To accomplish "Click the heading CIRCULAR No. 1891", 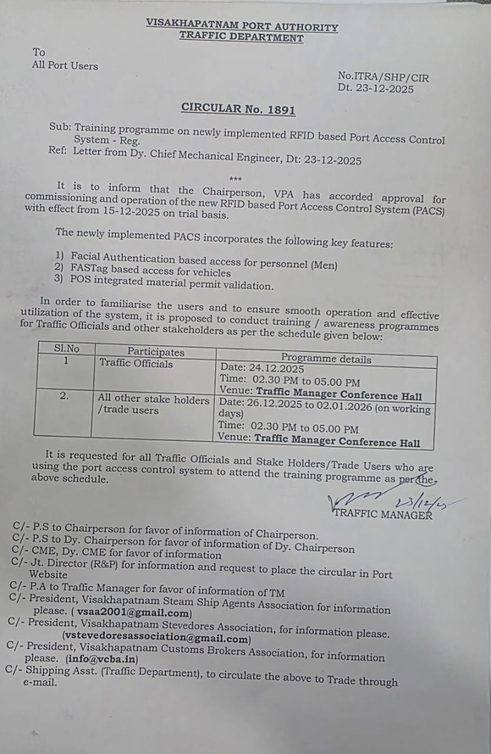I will (x=238, y=108).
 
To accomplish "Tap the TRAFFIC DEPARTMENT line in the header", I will (x=241, y=37).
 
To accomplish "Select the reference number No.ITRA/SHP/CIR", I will (x=383, y=77).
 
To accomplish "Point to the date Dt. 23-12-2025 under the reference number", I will (x=376, y=89).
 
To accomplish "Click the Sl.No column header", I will (x=67, y=348).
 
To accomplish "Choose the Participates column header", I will (x=156, y=352).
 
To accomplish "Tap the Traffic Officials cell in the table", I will (x=137, y=363).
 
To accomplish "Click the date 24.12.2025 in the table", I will (x=279, y=369).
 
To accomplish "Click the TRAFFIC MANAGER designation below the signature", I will (x=383, y=514).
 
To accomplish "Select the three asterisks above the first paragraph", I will (x=235, y=179).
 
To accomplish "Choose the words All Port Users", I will (x=65, y=65).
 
